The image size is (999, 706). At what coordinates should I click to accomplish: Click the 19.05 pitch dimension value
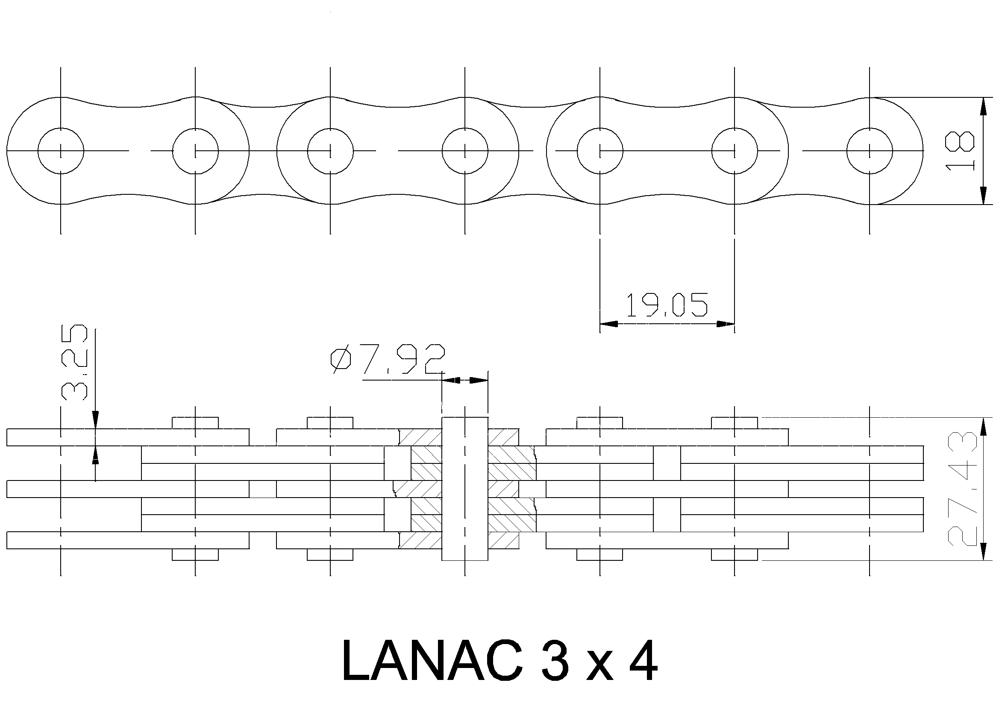click(666, 305)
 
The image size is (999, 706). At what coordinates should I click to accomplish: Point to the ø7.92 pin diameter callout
click(388, 359)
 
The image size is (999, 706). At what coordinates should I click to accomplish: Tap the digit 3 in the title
click(553, 661)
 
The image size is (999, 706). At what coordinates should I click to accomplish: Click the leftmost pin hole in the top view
click(61, 129)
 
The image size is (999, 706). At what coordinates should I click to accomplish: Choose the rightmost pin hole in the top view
click(870, 129)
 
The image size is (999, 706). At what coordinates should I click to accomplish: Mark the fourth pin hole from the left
click(465, 129)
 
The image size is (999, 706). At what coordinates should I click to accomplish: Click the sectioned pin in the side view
click(465, 489)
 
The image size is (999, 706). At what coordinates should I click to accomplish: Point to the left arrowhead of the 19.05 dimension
click(608, 324)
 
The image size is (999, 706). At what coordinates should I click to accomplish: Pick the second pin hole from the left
click(195, 129)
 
